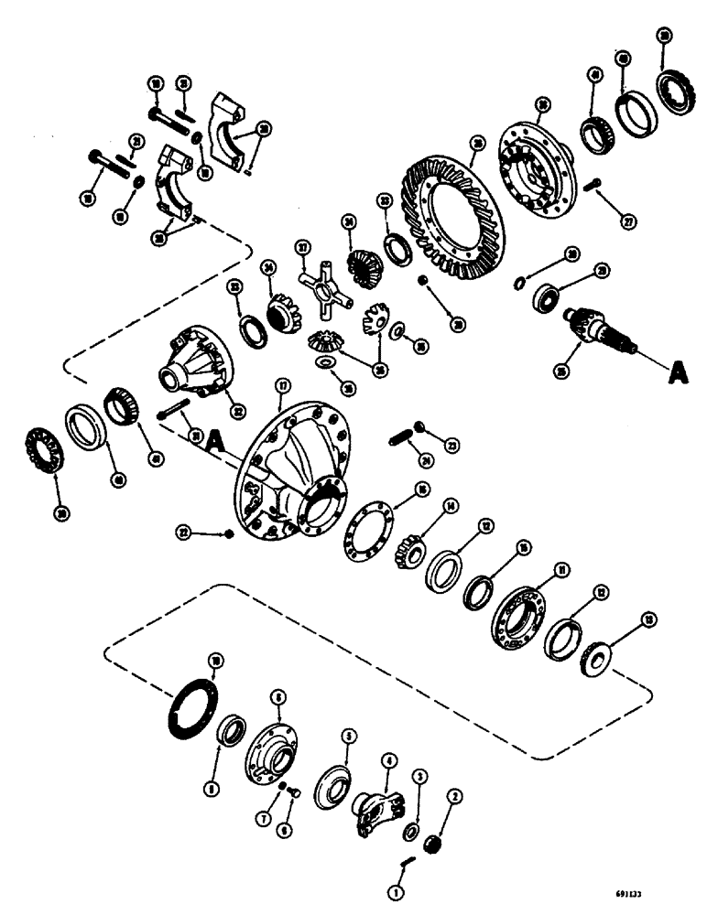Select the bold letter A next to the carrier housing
pos(214,442)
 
